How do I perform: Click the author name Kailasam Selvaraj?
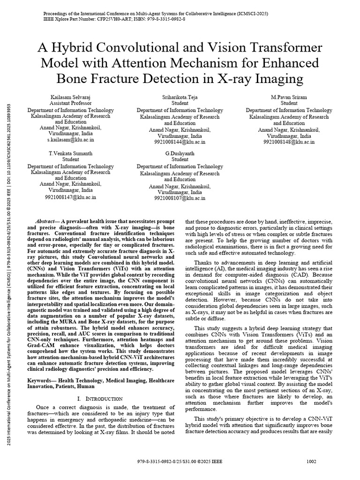(71, 97)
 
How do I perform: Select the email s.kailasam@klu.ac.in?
(71, 140)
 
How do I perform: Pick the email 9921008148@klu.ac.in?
(289, 141)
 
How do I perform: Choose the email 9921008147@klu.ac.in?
(71, 197)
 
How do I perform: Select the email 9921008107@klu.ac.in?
(180, 198)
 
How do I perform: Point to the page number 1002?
(311, 461)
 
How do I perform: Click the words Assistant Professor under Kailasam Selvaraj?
(71, 103)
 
